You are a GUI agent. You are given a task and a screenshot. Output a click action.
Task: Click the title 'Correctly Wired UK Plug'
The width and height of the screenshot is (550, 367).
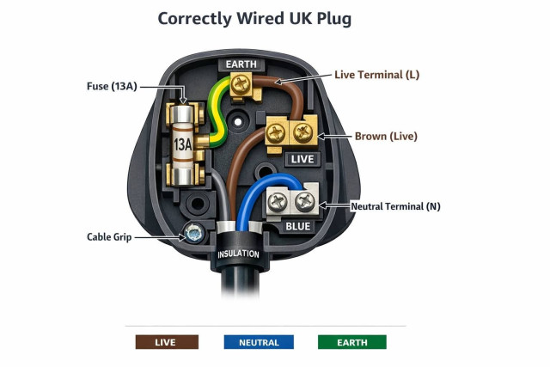click(x=254, y=18)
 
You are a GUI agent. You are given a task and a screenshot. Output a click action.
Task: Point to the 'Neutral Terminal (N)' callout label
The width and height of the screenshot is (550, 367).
click(x=396, y=206)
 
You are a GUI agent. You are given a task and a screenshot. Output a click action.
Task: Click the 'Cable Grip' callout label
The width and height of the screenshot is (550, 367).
click(x=109, y=236)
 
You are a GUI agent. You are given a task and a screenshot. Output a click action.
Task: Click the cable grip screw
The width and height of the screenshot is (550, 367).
click(x=193, y=232)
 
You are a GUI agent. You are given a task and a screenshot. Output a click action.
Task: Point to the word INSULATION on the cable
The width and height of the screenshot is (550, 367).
click(x=239, y=254)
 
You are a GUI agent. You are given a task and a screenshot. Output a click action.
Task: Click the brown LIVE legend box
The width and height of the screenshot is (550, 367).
click(x=167, y=342)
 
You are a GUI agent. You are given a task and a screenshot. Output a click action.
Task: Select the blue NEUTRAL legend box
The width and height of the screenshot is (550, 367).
click(x=259, y=342)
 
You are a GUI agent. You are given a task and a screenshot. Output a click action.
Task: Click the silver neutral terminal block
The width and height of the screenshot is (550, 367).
click(x=292, y=203)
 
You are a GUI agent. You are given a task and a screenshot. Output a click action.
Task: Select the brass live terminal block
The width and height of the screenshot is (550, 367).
click(x=290, y=132)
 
